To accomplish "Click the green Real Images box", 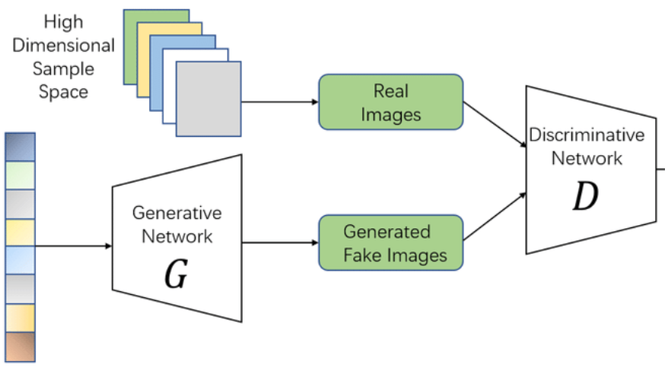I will (x=390, y=102).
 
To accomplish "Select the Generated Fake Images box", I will (x=390, y=243).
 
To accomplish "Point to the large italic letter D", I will (x=586, y=196).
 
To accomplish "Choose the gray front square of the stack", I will (x=208, y=99).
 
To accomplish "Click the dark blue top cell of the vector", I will (x=20, y=146).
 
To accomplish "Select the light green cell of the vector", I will (x=20, y=175).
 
